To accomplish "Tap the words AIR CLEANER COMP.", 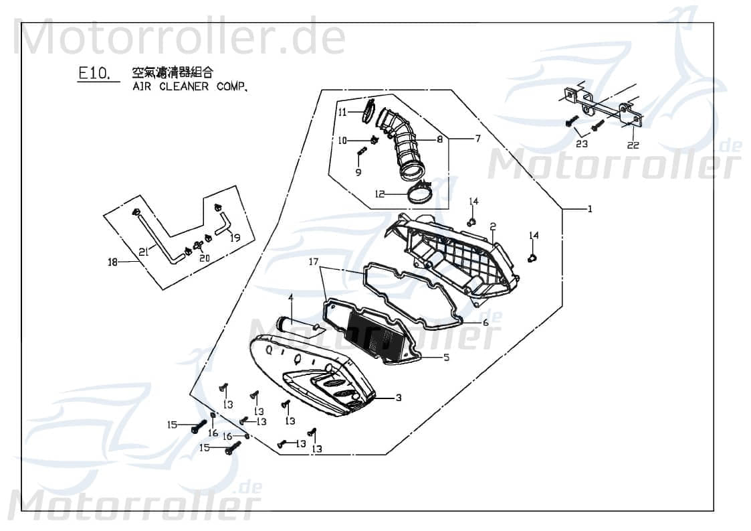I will (190, 87).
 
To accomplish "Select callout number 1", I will (590, 210).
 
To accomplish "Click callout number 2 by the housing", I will (492, 226).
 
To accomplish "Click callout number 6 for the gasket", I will (477, 139).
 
